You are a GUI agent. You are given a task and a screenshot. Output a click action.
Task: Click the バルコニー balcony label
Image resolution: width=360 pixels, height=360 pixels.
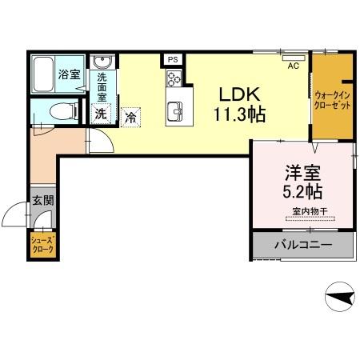point(304,243)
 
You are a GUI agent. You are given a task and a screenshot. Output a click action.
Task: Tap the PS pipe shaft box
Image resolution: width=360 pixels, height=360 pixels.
point(172,58)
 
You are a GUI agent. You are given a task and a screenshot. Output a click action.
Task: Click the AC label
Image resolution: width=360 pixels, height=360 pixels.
point(294,66)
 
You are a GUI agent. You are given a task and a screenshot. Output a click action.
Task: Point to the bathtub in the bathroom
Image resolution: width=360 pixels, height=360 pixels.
point(45,74)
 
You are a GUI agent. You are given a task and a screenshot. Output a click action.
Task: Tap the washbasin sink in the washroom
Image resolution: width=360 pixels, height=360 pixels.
point(101,64)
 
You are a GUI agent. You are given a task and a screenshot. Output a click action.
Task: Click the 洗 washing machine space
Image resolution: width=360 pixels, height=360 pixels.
point(100,114)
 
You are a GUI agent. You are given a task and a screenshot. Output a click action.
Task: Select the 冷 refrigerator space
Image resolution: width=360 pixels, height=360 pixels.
point(132,117)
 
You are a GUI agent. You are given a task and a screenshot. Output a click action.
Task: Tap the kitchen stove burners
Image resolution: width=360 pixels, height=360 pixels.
point(174,78)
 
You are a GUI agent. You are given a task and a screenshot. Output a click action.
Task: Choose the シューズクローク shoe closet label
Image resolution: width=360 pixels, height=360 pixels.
point(42,246)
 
